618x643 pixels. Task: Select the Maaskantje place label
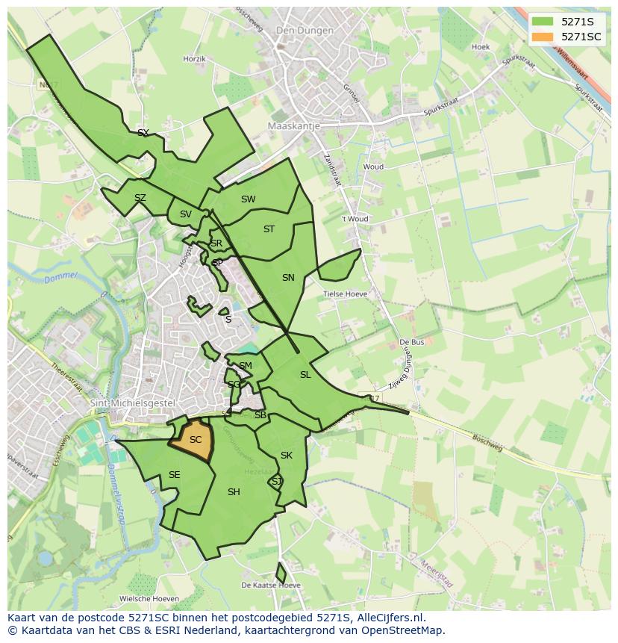click(293, 126)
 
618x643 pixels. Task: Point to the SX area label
click(143, 133)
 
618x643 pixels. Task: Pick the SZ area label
click(140, 198)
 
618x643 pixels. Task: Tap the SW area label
click(249, 199)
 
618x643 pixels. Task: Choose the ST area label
click(269, 229)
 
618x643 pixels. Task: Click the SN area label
click(288, 278)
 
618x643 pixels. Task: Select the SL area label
click(305, 375)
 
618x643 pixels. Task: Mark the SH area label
click(234, 491)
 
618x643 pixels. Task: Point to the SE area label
click(174, 475)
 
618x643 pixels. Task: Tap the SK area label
click(287, 456)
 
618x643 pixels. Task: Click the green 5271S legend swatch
click(543, 22)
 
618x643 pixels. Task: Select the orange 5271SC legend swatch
click(543, 37)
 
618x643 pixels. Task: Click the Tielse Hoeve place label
click(345, 294)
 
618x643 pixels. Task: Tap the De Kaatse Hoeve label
click(270, 585)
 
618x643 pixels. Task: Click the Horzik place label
click(194, 58)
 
